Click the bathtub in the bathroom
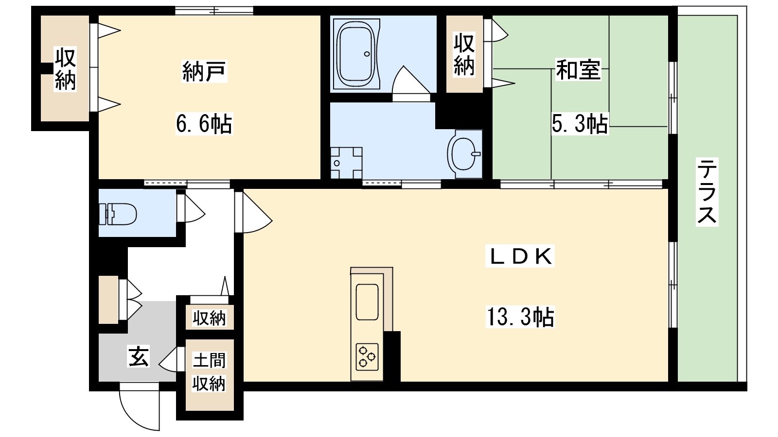[x=357, y=53]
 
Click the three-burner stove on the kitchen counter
[x=367, y=355]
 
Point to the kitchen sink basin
[x=367, y=302]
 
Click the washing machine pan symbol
[x=346, y=163]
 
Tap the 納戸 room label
[x=204, y=71]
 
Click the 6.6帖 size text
[x=204, y=124]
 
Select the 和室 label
[x=578, y=69]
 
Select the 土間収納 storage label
[x=209, y=372]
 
